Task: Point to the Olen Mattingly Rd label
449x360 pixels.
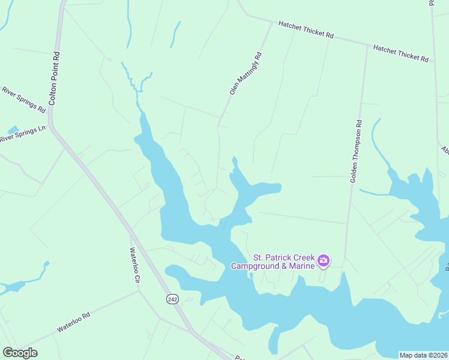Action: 246,73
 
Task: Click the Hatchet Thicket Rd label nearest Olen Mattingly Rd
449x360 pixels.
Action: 306,30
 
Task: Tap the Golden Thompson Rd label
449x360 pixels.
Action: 355,151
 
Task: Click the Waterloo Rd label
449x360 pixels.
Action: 73,322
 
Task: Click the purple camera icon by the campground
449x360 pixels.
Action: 324,260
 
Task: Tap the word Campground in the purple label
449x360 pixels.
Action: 257,266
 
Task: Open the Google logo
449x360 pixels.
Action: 20,353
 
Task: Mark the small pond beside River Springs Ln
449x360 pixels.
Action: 12,130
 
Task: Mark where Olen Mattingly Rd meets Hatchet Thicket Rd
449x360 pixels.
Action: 273,22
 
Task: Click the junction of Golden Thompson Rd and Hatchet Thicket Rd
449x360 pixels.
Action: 367,45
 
